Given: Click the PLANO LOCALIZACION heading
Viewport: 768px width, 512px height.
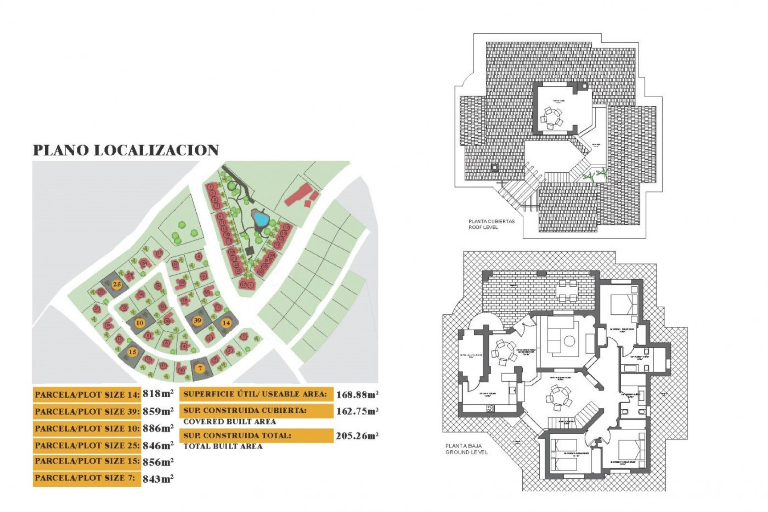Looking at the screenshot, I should [x=126, y=150].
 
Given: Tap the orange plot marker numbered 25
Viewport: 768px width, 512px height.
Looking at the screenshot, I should [x=117, y=285].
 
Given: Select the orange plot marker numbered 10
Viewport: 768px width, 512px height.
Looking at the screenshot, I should [x=140, y=323].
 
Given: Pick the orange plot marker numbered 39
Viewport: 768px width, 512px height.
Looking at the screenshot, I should [x=198, y=320].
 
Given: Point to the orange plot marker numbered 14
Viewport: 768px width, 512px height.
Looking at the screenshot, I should [x=226, y=322].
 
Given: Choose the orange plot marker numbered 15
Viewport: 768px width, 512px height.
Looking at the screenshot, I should [x=132, y=352].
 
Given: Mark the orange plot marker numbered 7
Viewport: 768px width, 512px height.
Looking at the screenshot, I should [x=200, y=368].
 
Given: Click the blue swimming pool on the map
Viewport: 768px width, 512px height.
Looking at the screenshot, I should [x=261, y=219].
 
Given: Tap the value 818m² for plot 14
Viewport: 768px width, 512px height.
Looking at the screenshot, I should [x=158, y=394].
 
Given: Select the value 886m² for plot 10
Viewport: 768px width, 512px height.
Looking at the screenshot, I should [x=158, y=428].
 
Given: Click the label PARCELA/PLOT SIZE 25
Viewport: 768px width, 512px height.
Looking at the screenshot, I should [x=87, y=445].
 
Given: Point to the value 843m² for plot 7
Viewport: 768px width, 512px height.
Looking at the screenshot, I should [x=158, y=478].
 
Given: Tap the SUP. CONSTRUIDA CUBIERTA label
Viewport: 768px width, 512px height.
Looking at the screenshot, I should [x=245, y=411].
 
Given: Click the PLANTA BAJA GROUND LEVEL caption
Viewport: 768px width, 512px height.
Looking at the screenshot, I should [x=466, y=449].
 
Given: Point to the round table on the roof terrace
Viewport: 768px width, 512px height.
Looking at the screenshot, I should [x=552, y=118].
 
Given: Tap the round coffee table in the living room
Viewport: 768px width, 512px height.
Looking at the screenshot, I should [x=569, y=341].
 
